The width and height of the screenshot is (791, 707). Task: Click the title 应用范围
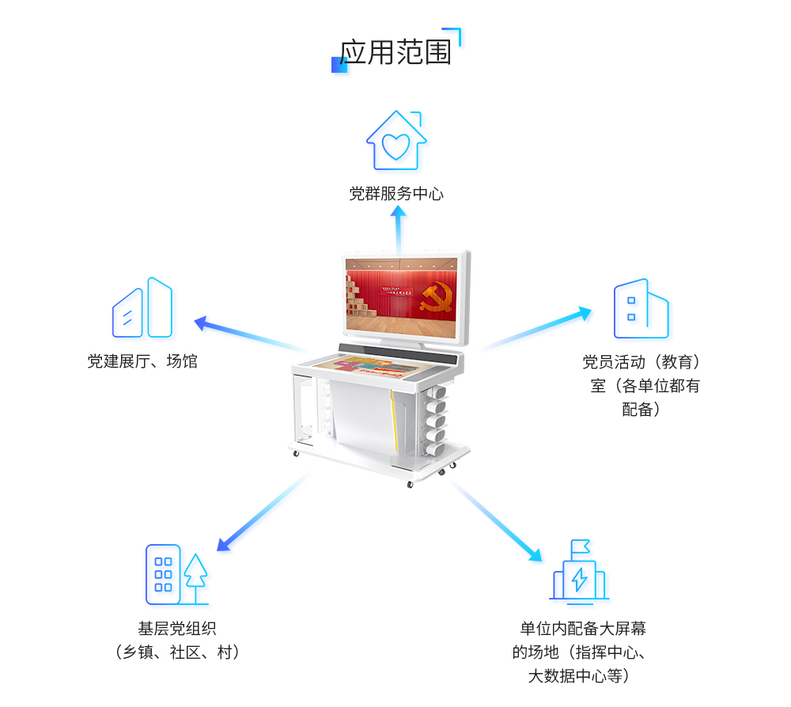pyautogui.click(x=395, y=52)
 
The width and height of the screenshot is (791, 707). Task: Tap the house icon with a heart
pyautogui.click(x=396, y=141)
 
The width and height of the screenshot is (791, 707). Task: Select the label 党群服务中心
pyautogui.click(x=396, y=194)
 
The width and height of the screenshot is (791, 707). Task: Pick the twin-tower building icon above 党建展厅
pyautogui.click(x=142, y=308)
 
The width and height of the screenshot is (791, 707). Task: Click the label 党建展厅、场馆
pyautogui.click(x=142, y=362)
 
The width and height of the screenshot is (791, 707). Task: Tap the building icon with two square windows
pyautogui.click(x=641, y=308)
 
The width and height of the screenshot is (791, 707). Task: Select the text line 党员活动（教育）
pyautogui.click(x=642, y=362)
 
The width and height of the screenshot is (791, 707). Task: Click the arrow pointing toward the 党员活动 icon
pyautogui.click(x=546, y=326)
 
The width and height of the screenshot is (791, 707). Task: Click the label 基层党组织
pyautogui.click(x=177, y=629)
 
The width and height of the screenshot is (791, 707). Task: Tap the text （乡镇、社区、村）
pyautogui.click(x=177, y=652)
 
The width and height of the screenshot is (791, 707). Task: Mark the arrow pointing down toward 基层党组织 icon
pyautogui.click(x=253, y=518)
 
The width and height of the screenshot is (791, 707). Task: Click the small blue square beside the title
pyautogui.click(x=339, y=65)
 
